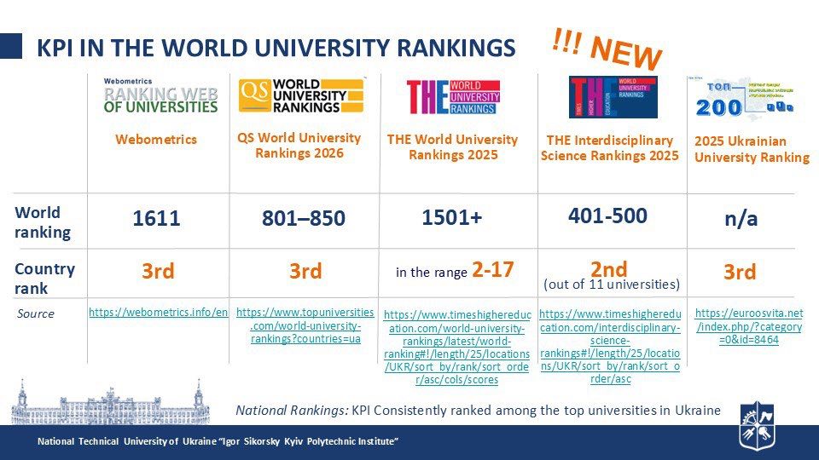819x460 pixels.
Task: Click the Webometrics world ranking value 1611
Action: [x=157, y=219]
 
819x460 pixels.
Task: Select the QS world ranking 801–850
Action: [x=304, y=219]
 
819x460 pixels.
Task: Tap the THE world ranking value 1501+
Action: [x=452, y=218]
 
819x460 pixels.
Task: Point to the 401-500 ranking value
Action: [x=607, y=216]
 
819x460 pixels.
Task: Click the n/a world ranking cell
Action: [x=741, y=219]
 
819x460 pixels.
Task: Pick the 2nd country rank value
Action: [x=608, y=268]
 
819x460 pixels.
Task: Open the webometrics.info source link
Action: [x=159, y=313]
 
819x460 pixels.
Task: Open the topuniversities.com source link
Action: [x=305, y=325]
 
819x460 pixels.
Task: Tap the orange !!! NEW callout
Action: [x=607, y=50]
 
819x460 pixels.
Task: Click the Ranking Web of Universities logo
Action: [x=160, y=96]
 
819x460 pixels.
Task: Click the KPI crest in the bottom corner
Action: [x=757, y=423]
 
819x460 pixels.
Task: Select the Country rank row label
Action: [x=44, y=278]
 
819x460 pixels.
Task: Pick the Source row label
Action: [x=35, y=313]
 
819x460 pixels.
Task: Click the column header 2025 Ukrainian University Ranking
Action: [x=752, y=149]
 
